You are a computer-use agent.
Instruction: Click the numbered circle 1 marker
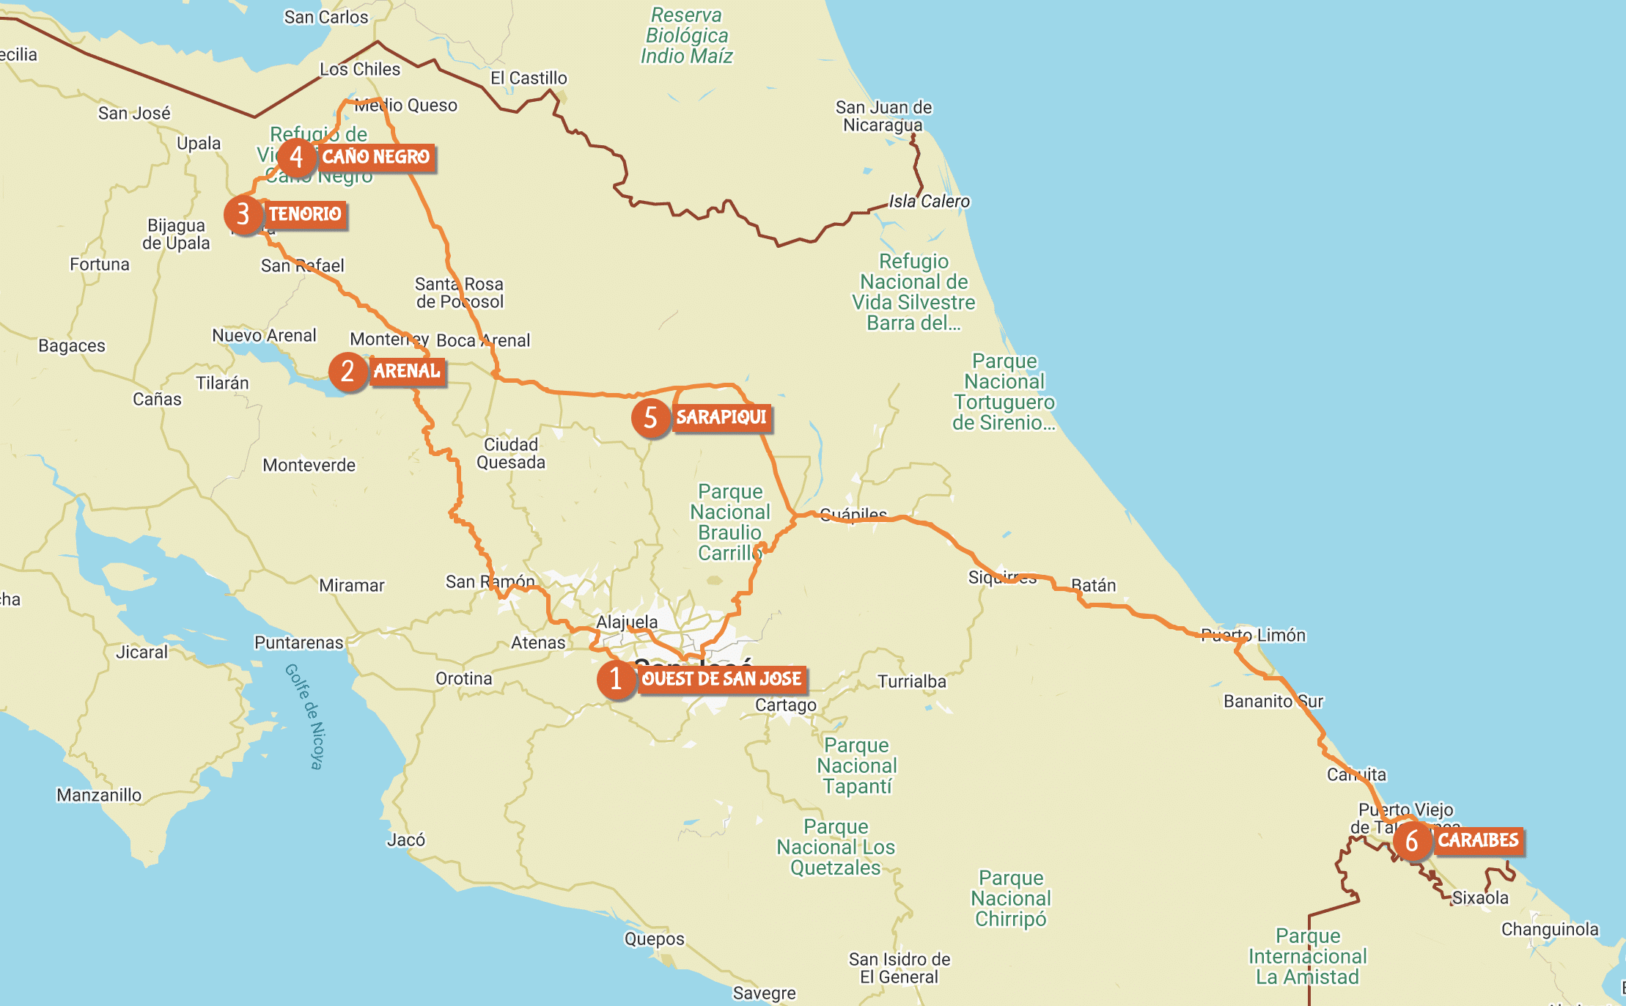616,679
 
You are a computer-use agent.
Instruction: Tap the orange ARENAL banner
407,371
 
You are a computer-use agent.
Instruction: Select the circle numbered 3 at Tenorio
243,215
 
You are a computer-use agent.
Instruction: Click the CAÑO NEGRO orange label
376,157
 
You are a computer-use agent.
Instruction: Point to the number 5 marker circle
650,418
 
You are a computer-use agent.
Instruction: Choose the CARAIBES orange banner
1478,840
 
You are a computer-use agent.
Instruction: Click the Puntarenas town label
298,643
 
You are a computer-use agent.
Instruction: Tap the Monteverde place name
309,465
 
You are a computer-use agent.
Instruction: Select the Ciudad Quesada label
511,453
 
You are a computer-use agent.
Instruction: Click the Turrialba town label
912,682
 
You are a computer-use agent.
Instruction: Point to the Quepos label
654,939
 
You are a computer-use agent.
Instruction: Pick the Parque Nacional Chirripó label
1011,898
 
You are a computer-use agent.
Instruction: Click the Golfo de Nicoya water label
304,716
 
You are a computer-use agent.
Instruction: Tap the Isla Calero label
929,202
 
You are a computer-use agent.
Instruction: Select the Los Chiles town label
360,70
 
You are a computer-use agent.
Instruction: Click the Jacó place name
406,840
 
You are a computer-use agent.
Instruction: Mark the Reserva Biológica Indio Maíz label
687,36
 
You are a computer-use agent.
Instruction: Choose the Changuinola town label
1550,930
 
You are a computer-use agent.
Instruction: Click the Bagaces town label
72,346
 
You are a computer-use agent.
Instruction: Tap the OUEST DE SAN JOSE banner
721,679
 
